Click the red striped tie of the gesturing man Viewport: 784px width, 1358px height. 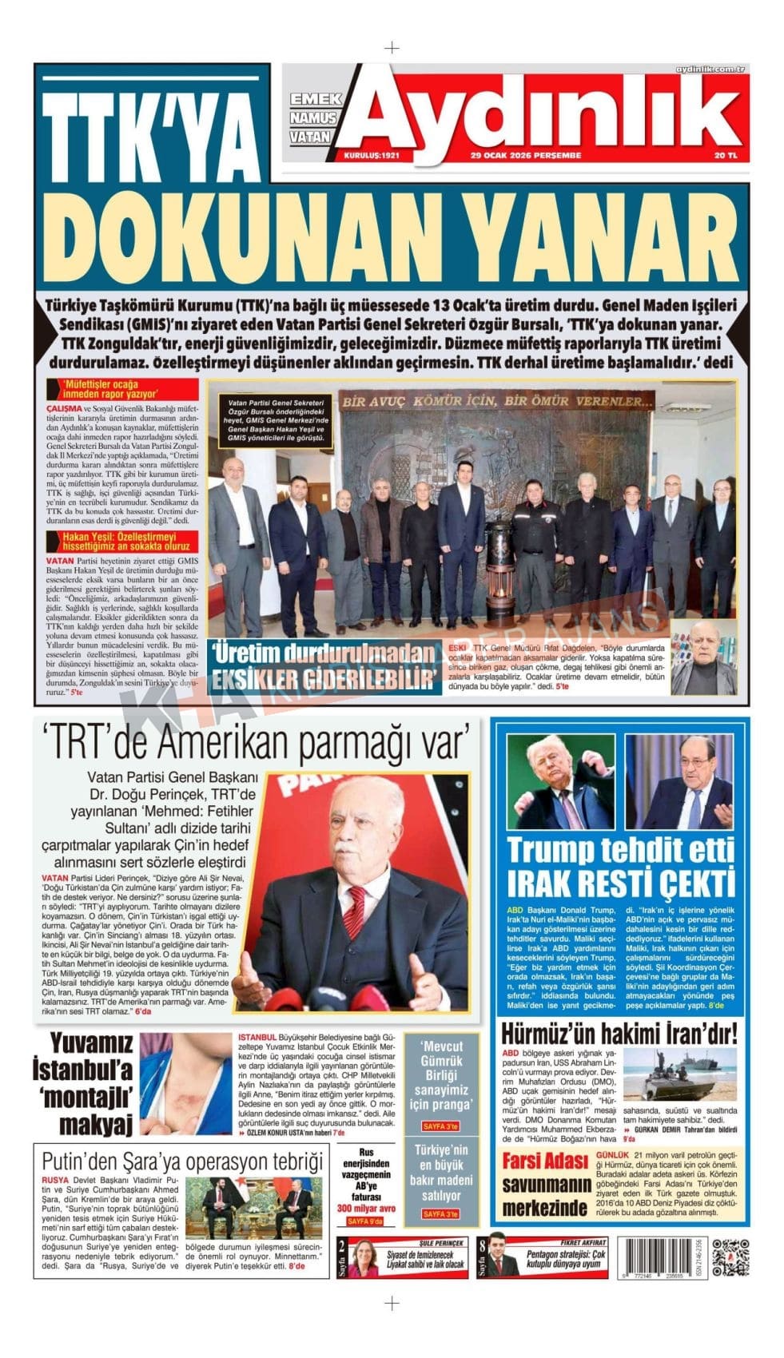[356, 911]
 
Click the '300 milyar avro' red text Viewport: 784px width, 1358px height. [366, 1209]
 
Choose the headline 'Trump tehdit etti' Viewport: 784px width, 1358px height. [619, 850]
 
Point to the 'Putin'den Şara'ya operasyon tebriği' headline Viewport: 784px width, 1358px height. [182, 1161]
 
